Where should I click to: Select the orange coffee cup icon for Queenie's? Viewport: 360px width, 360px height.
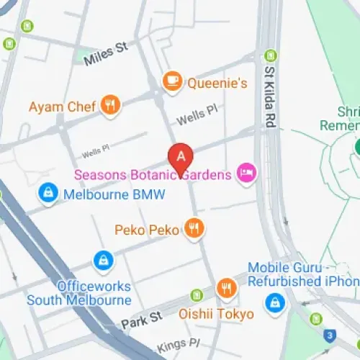[172, 82]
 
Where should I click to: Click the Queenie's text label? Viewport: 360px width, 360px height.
[217, 84]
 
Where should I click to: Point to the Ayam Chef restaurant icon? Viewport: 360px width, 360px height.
[110, 106]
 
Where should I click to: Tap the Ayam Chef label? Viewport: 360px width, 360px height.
[62, 107]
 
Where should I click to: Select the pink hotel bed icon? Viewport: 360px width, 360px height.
[247, 174]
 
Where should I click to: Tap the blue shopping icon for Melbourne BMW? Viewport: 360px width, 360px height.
[48, 194]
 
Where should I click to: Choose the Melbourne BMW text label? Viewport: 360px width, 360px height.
[114, 194]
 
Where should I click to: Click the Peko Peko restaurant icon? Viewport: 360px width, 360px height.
[194, 229]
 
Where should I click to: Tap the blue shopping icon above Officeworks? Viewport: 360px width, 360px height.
[104, 259]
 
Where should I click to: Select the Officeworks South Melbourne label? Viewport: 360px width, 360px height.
[79, 292]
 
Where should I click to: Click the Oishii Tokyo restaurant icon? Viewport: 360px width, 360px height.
[226, 289]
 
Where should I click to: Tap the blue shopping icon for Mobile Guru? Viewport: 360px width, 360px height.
[274, 304]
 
